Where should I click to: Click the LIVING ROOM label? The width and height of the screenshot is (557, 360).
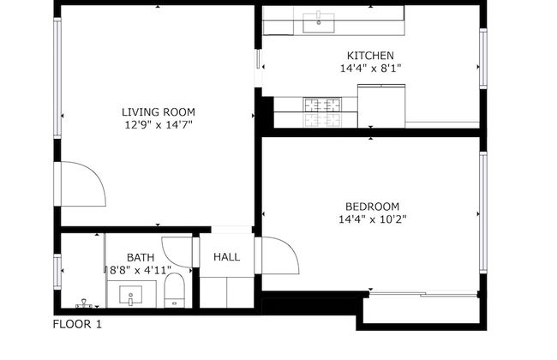[x=158, y=111]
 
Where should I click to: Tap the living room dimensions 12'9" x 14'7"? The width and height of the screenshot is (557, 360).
[x=158, y=125]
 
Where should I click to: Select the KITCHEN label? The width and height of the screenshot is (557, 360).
[x=370, y=55]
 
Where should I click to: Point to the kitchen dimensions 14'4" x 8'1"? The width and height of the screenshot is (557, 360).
[x=370, y=68]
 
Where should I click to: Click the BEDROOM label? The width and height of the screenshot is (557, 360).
[x=372, y=206]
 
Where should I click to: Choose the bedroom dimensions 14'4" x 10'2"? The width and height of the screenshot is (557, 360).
[x=372, y=219]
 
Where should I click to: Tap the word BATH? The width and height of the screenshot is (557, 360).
[x=141, y=257]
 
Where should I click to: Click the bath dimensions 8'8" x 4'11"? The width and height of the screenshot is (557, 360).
[x=140, y=270]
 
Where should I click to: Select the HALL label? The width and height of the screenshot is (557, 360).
[x=226, y=257]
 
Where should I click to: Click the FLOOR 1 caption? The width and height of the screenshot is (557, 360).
[x=77, y=324]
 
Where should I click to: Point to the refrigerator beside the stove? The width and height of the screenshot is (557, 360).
[x=380, y=105]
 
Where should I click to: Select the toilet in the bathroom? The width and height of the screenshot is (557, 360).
[x=176, y=290]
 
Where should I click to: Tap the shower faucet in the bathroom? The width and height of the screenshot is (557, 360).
[x=83, y=303]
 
